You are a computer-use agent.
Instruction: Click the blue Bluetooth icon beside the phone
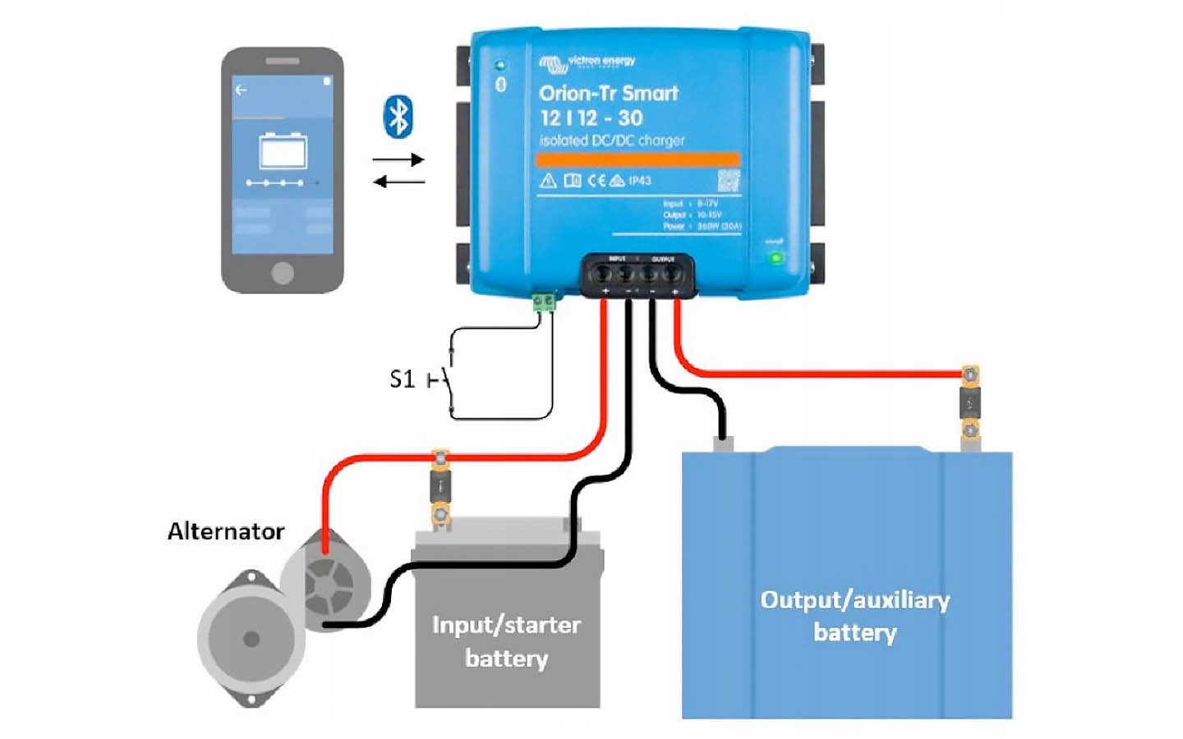tap(398, 117)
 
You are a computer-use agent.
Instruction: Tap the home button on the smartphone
tap(282, 273)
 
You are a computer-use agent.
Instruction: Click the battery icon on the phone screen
tap(283, 151)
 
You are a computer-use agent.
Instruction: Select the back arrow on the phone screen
tap(241, 90)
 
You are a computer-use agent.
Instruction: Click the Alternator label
tap(226, 531)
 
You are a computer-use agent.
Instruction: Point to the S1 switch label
tap(402, 379)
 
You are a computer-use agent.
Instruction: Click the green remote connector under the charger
tap(543, 302)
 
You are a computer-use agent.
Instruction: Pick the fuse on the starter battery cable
tap(441, 488)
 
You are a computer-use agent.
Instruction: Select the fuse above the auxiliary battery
tap(970, 403)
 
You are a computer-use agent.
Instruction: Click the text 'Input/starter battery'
tap(506, 641)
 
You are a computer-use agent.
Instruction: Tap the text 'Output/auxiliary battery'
tap(854, 616)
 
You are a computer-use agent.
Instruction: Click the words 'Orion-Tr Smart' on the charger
tap(609, 93)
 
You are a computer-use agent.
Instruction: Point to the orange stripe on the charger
tap(638, 159)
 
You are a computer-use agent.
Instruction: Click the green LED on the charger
tap(775, 258)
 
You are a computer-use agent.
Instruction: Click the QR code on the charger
tap(729, 181)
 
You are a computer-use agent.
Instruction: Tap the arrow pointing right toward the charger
tap(398, 159)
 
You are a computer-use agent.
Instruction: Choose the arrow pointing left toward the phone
tap(398, 181)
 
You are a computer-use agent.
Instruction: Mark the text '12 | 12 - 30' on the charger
tap(591, 117)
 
